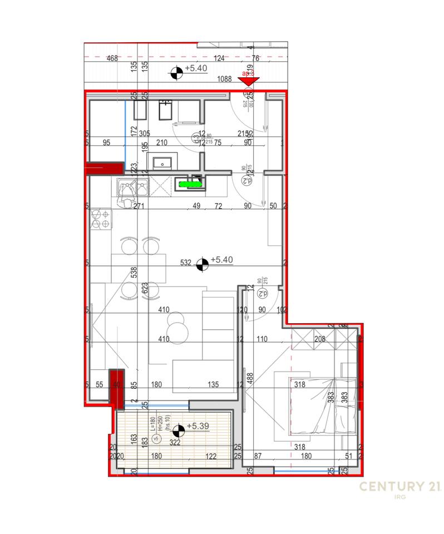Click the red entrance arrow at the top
[248, 81]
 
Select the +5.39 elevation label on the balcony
[199, 426]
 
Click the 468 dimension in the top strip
[112, 58]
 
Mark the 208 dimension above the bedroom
[319, 339]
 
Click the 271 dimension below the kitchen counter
[139, 206]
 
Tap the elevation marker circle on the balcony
[179, 431]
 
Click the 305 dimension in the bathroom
[145, 133]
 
